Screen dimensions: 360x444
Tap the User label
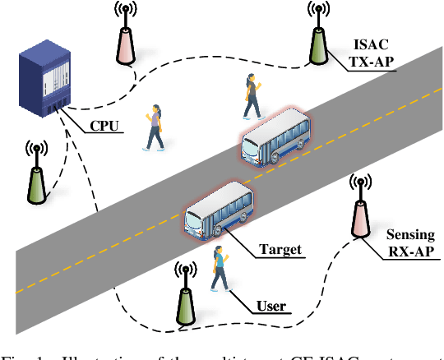[x=271, y=307]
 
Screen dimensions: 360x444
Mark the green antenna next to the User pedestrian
[x=186, y=299]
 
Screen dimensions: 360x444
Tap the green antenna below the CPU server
[x=35, y=177]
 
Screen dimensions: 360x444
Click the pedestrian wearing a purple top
[x=154, y=127]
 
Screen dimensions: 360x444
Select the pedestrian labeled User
[x=219, y=269]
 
